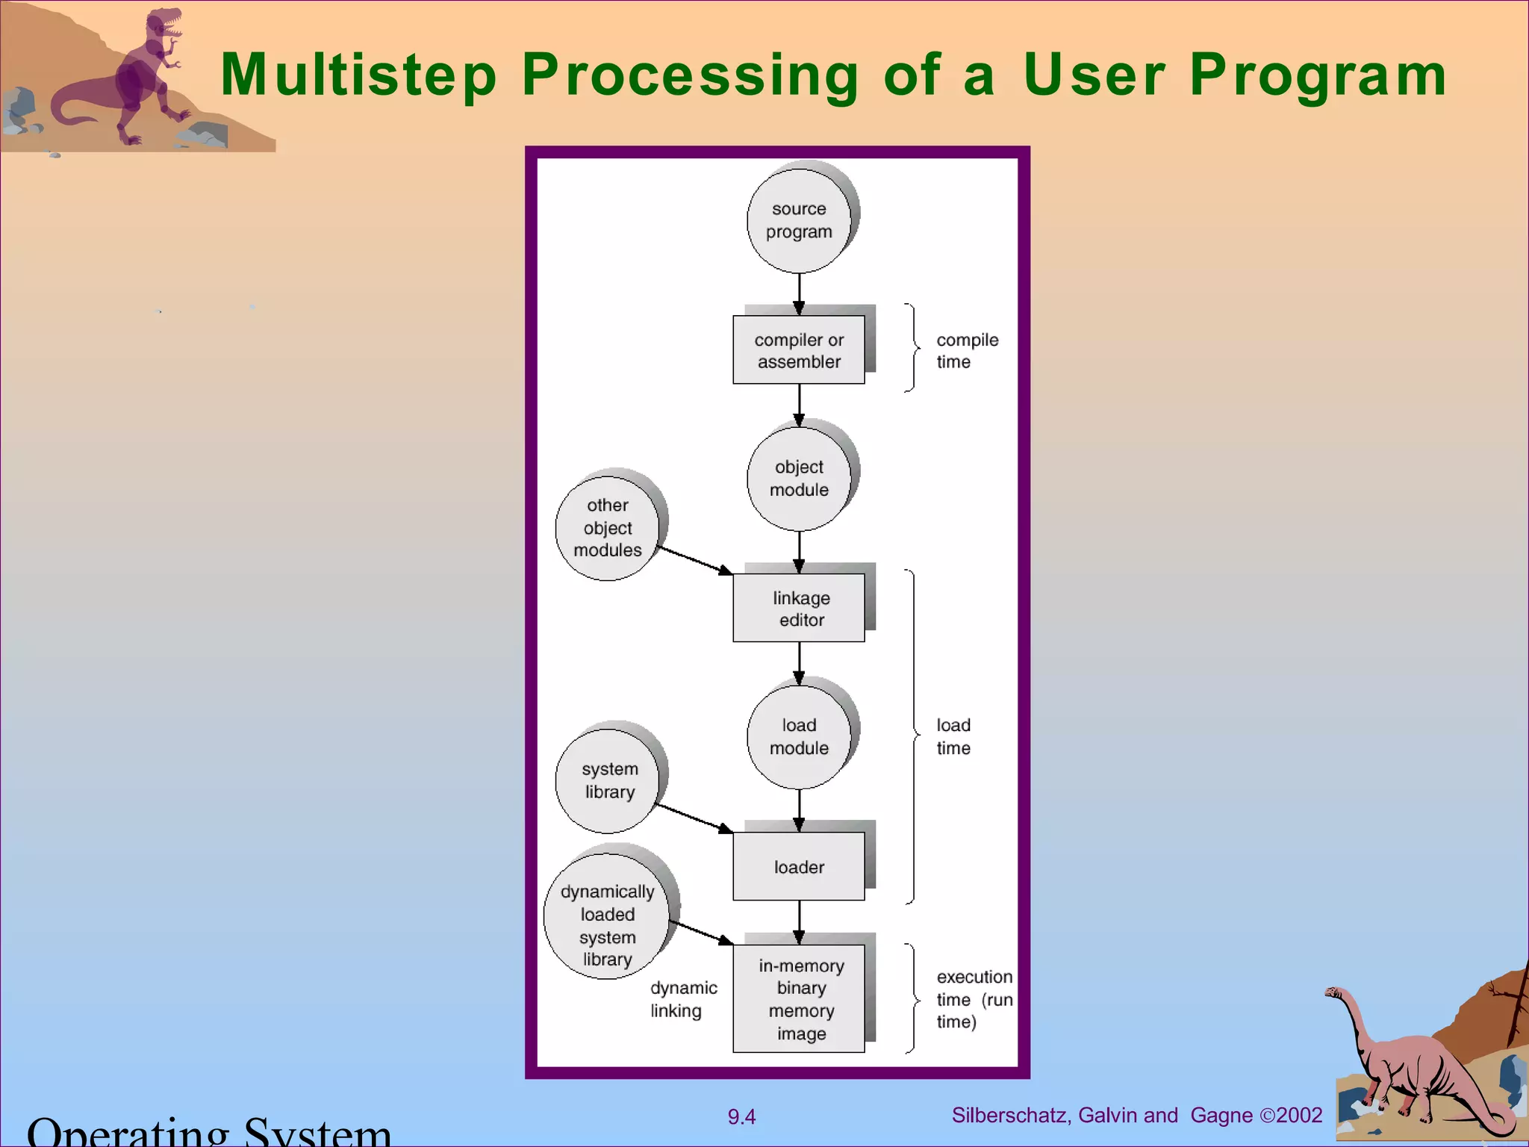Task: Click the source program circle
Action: click(799, 221)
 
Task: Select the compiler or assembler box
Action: click(799, 349)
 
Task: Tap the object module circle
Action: click(799, 479)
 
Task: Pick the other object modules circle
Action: click(607, 528)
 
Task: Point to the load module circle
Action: click(799, 737)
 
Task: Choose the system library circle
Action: click(608, 780)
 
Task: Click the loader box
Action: click(799, 866)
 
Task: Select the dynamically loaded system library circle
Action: click(607, 925)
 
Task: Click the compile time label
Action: click(966, 350)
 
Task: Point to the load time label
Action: click(953, 736)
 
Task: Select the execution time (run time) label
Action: click(974, 999)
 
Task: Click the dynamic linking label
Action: click(682, 999)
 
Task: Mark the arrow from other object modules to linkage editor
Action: click(694, 561)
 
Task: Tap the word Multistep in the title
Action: click(358, 75)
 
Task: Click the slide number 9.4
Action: click(741, 1117)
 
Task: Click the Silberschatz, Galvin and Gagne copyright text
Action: click(1136, 1116)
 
